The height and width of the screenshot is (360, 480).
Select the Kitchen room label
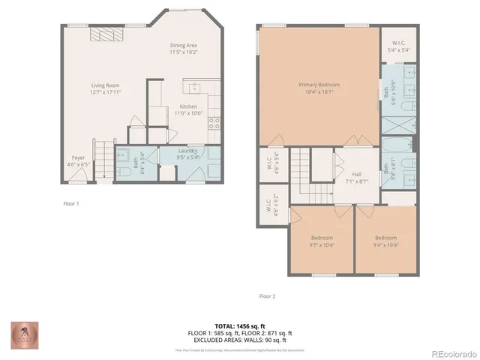188,106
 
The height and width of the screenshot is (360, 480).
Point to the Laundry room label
187,151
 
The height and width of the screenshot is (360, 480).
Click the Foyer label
77,158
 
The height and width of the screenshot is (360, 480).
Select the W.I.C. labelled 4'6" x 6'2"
268,208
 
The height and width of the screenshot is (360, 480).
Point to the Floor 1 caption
71,203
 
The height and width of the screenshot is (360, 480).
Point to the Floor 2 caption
267,296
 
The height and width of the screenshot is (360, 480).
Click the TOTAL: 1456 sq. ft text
240,326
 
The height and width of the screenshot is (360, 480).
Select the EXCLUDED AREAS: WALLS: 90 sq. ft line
240,339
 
